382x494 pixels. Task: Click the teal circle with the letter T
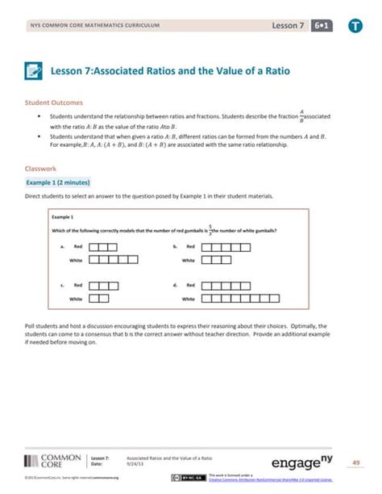click(355, 27)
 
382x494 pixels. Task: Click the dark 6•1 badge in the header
click(325, 26)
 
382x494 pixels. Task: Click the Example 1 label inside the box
click(62, 218)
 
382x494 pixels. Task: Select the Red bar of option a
click(103, 246)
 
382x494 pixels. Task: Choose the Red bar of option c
click(103, 285)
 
